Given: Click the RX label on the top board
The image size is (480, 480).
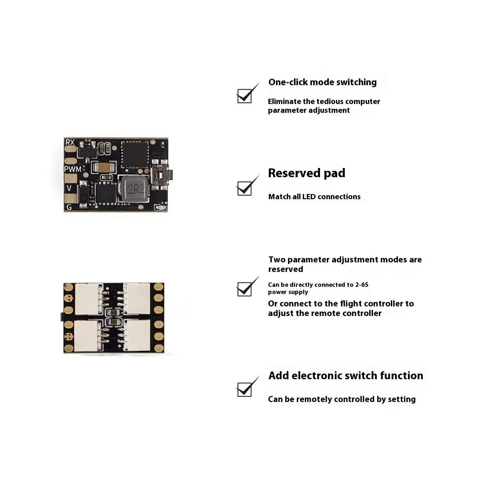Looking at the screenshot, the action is (x=70, y=142).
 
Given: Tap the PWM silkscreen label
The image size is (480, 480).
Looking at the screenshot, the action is (x=73, y=169).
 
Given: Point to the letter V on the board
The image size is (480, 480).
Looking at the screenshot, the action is (x=70, y=188).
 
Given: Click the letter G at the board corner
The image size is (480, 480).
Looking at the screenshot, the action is (x=69, y=207).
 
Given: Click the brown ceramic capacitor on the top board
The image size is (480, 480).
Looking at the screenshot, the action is (x=104, y=168).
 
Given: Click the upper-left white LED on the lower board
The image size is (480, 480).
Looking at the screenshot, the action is (x=87, y=299).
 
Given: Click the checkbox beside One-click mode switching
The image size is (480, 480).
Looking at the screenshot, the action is (x=244, y=96).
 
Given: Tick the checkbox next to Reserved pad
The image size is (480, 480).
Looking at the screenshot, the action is (x=244, y=188).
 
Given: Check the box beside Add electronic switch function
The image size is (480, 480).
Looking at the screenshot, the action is (x=244, y=389).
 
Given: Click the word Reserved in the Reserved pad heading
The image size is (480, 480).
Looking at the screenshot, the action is (x=294, y=173).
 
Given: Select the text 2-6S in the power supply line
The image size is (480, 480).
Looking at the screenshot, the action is (x=362, y=285).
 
